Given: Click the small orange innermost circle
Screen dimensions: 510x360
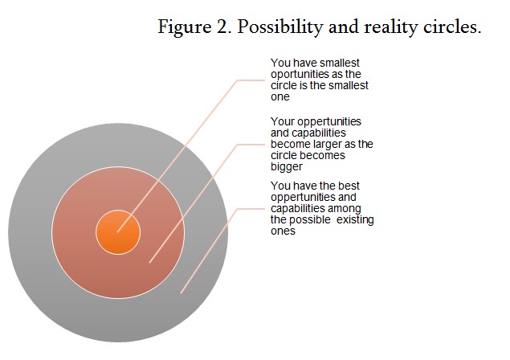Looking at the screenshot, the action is [118, 232].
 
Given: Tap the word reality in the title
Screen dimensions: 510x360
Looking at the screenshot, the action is [390, 27].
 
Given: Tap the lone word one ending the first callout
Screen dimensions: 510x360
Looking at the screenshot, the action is [280, 97].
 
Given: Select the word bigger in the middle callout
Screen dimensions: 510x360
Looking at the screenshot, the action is [287, 167].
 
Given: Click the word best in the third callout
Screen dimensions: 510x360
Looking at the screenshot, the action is [349, 186].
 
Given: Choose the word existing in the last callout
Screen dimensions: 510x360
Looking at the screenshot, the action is [355, 220].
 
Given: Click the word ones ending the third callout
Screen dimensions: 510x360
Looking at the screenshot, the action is [283, 231].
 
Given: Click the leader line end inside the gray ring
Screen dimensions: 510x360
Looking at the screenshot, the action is [181, 293].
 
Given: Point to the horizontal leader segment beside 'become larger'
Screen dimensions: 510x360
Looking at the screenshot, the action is [251, 144].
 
